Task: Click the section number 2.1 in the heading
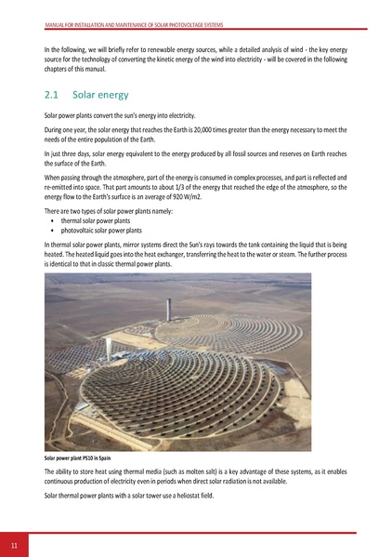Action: coord(52,95)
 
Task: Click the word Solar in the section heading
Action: coord(87,95)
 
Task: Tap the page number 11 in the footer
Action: coord(15,544)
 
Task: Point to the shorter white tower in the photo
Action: coord(109,351)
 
